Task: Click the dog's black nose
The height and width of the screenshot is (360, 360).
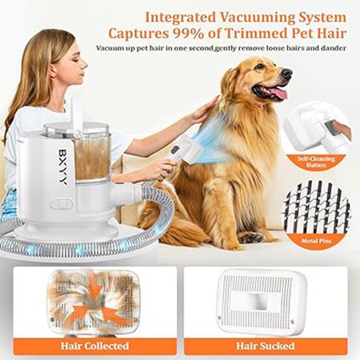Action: (x=286, y=74)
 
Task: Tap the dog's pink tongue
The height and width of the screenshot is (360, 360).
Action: (x=278, y=94)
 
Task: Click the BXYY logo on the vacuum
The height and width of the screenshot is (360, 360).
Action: (x=63, y=166)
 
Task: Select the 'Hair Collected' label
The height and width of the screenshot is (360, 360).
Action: (x=95, y=346)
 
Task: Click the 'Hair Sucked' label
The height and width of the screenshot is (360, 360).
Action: (x=266, y=346)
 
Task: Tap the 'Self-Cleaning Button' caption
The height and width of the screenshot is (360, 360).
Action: (x=316, y=162)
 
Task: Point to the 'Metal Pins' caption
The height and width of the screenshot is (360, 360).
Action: (x=317, y=241)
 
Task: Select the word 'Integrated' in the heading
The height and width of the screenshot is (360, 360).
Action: (x=180, y=18)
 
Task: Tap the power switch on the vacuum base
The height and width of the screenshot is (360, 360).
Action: (x=62, y=204)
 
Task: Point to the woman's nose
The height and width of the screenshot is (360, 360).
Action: (x=85, y=64)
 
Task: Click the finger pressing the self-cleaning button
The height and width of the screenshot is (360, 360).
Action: (x=342, y=129)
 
